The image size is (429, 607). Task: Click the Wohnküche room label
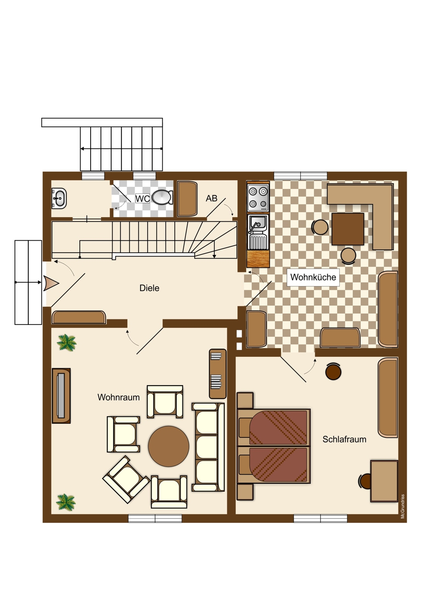point(313,277)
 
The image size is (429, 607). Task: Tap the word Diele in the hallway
point(149,288)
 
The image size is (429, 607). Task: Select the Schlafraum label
point(344,439)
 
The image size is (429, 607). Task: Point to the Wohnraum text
point(119,397)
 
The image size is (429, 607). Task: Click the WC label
point(142,198)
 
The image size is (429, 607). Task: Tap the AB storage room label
point(211,198)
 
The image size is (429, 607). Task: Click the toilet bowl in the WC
point(162,197)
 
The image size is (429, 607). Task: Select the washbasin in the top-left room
point(59,198)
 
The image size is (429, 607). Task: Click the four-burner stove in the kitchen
point(258,198)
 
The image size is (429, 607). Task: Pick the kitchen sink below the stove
point(258,232)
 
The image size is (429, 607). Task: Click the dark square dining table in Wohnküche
point(348,229)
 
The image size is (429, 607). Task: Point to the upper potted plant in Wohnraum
point(66,342)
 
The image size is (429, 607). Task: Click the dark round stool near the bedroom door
point(333,371)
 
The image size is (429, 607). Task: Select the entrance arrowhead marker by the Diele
point(51,284)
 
